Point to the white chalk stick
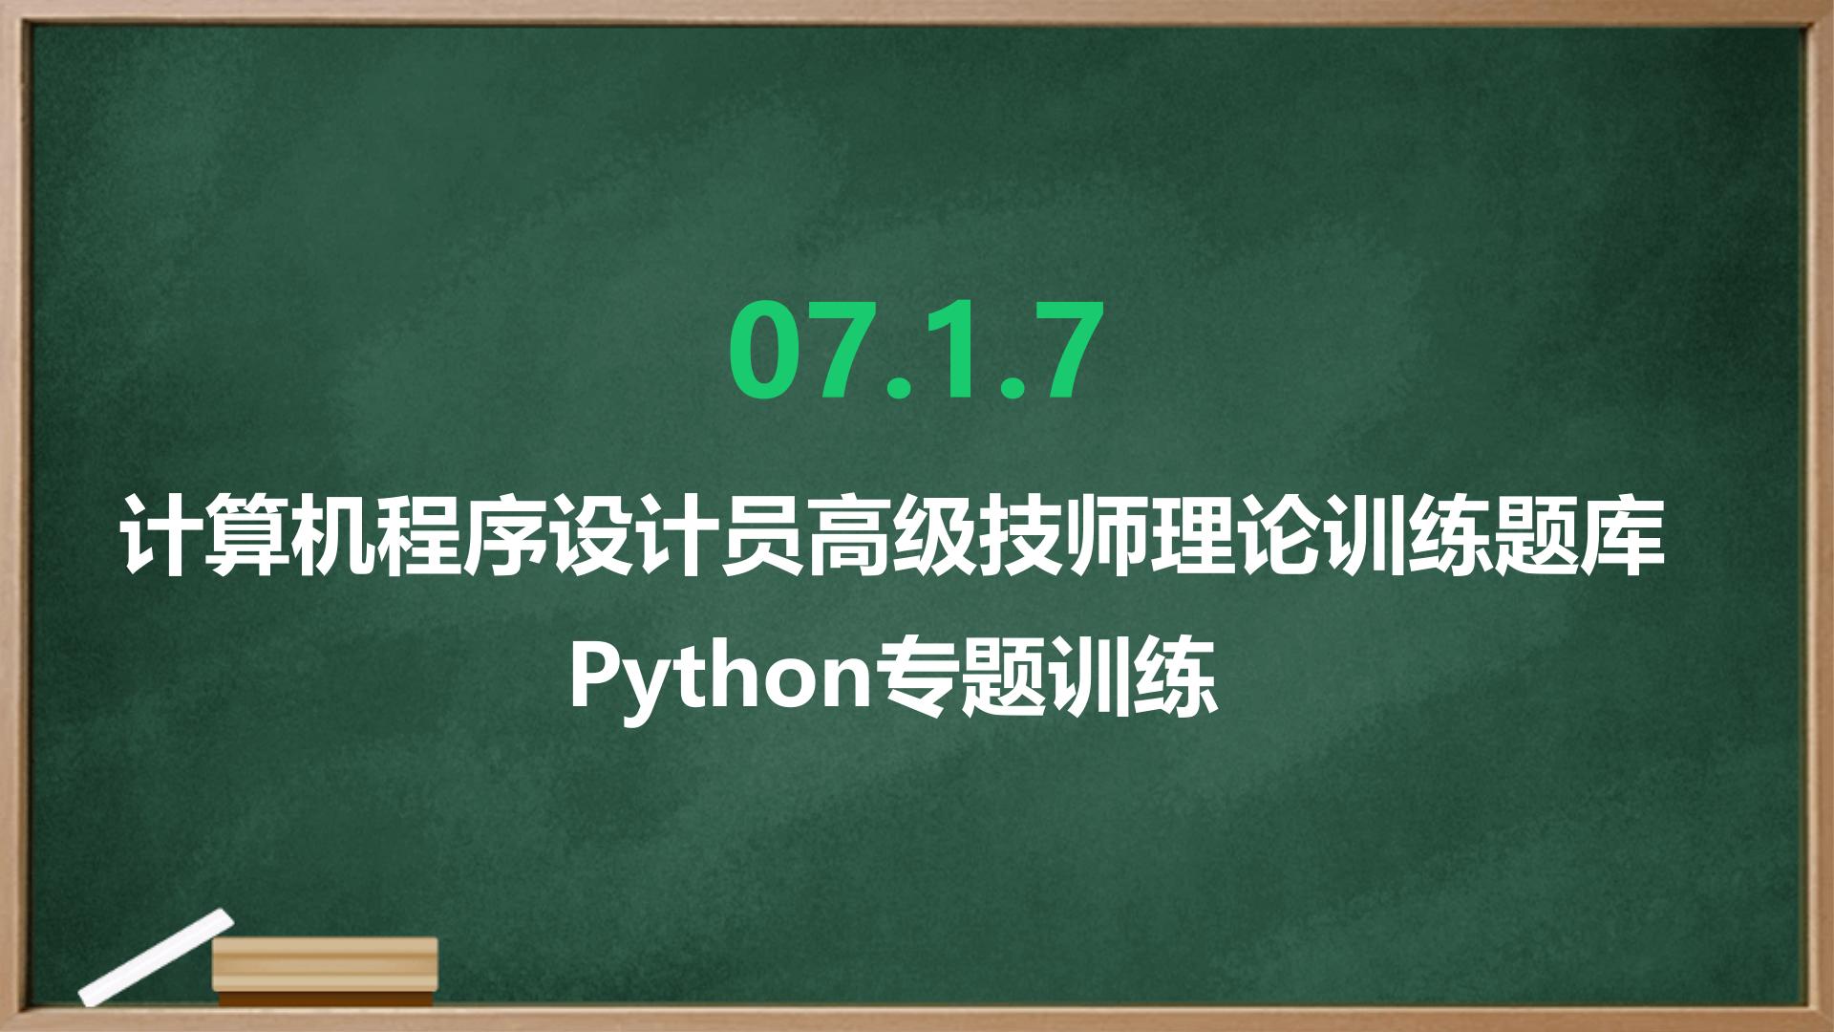(x=156, y=957)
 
